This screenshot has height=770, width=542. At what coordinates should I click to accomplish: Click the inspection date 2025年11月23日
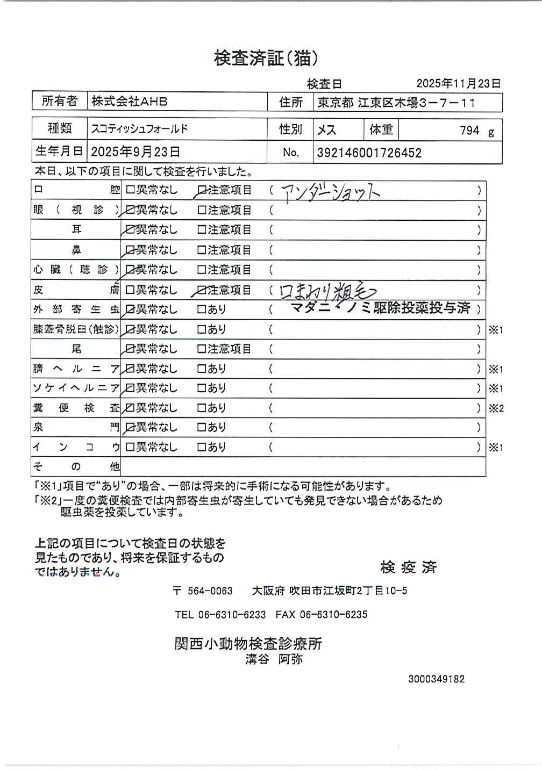[458, 83]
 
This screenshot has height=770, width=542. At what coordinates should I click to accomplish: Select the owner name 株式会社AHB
[130, 102]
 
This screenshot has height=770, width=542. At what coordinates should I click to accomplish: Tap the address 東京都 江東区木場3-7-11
[396, 103]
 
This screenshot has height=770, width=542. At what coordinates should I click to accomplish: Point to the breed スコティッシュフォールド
[140, 129]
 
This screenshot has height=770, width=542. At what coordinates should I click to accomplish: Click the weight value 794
[469, 131]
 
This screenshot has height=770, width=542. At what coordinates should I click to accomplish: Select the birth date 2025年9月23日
[135, 152]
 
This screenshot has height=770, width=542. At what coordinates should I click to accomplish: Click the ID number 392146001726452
[369, 153]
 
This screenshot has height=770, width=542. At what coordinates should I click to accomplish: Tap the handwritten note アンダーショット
[331, 191]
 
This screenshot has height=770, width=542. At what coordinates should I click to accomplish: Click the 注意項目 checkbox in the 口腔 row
[202, 190]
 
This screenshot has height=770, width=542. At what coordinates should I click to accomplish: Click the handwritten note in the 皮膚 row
[327, 291]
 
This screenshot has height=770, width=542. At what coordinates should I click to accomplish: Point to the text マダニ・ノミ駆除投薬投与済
[380, 308]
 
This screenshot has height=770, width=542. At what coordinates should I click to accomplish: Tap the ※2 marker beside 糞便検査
[496, 408]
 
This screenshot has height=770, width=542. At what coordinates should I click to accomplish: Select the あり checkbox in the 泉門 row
[202, 428]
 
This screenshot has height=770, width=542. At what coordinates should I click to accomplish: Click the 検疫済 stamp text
[408, 567]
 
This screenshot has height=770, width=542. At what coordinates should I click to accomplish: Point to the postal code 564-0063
[210, 591]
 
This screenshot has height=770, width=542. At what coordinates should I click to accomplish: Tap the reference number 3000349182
[436, 679]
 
